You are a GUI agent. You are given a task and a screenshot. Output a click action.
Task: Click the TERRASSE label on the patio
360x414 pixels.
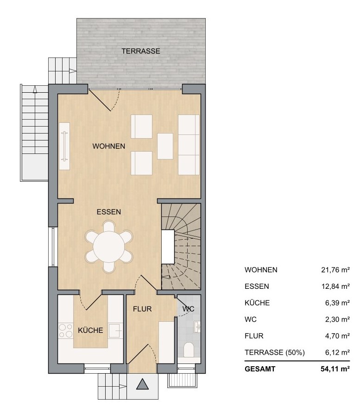[x=141, y=51]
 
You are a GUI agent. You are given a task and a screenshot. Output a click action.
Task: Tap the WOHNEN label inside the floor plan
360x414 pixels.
[x=109, y=146]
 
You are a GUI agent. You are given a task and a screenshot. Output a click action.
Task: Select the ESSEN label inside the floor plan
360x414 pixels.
[x=109, y=212]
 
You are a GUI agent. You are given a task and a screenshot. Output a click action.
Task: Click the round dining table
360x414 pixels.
[x=109, y=247]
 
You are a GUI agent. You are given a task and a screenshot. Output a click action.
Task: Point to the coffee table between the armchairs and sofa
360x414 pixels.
[x=165, y=146]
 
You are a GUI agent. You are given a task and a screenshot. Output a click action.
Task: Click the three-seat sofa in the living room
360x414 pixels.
[x=189, y=145]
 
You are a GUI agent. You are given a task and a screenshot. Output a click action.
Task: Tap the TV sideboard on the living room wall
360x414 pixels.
[x=64, y=146]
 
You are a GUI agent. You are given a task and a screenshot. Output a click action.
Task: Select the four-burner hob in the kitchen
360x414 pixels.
[x=66, y=331]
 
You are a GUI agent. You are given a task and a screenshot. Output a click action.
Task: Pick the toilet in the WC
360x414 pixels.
[x=189, y=350]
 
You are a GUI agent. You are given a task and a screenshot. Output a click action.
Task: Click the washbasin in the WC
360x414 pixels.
[x=197, y=327]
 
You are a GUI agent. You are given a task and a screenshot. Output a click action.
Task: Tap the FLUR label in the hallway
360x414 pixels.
[x=142, y=309]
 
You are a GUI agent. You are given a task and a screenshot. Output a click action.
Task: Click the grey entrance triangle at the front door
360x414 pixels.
[x=143, y=384]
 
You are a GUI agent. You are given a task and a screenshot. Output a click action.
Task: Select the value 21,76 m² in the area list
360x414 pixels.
[x=335, y=270]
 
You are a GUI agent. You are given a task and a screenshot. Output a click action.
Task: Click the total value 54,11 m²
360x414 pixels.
[x=335, y=369]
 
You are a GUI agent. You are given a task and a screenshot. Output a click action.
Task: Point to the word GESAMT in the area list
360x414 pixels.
[x=260, y=369]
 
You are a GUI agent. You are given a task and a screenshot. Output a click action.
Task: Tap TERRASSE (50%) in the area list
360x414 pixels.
[x=274, y=352]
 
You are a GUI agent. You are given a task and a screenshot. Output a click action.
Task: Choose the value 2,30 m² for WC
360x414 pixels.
[x=337, y=319]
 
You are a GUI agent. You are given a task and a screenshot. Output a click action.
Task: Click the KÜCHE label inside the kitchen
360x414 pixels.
[x=90, y=330]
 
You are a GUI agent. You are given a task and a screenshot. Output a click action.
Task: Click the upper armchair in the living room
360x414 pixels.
[x=141, y=127]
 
